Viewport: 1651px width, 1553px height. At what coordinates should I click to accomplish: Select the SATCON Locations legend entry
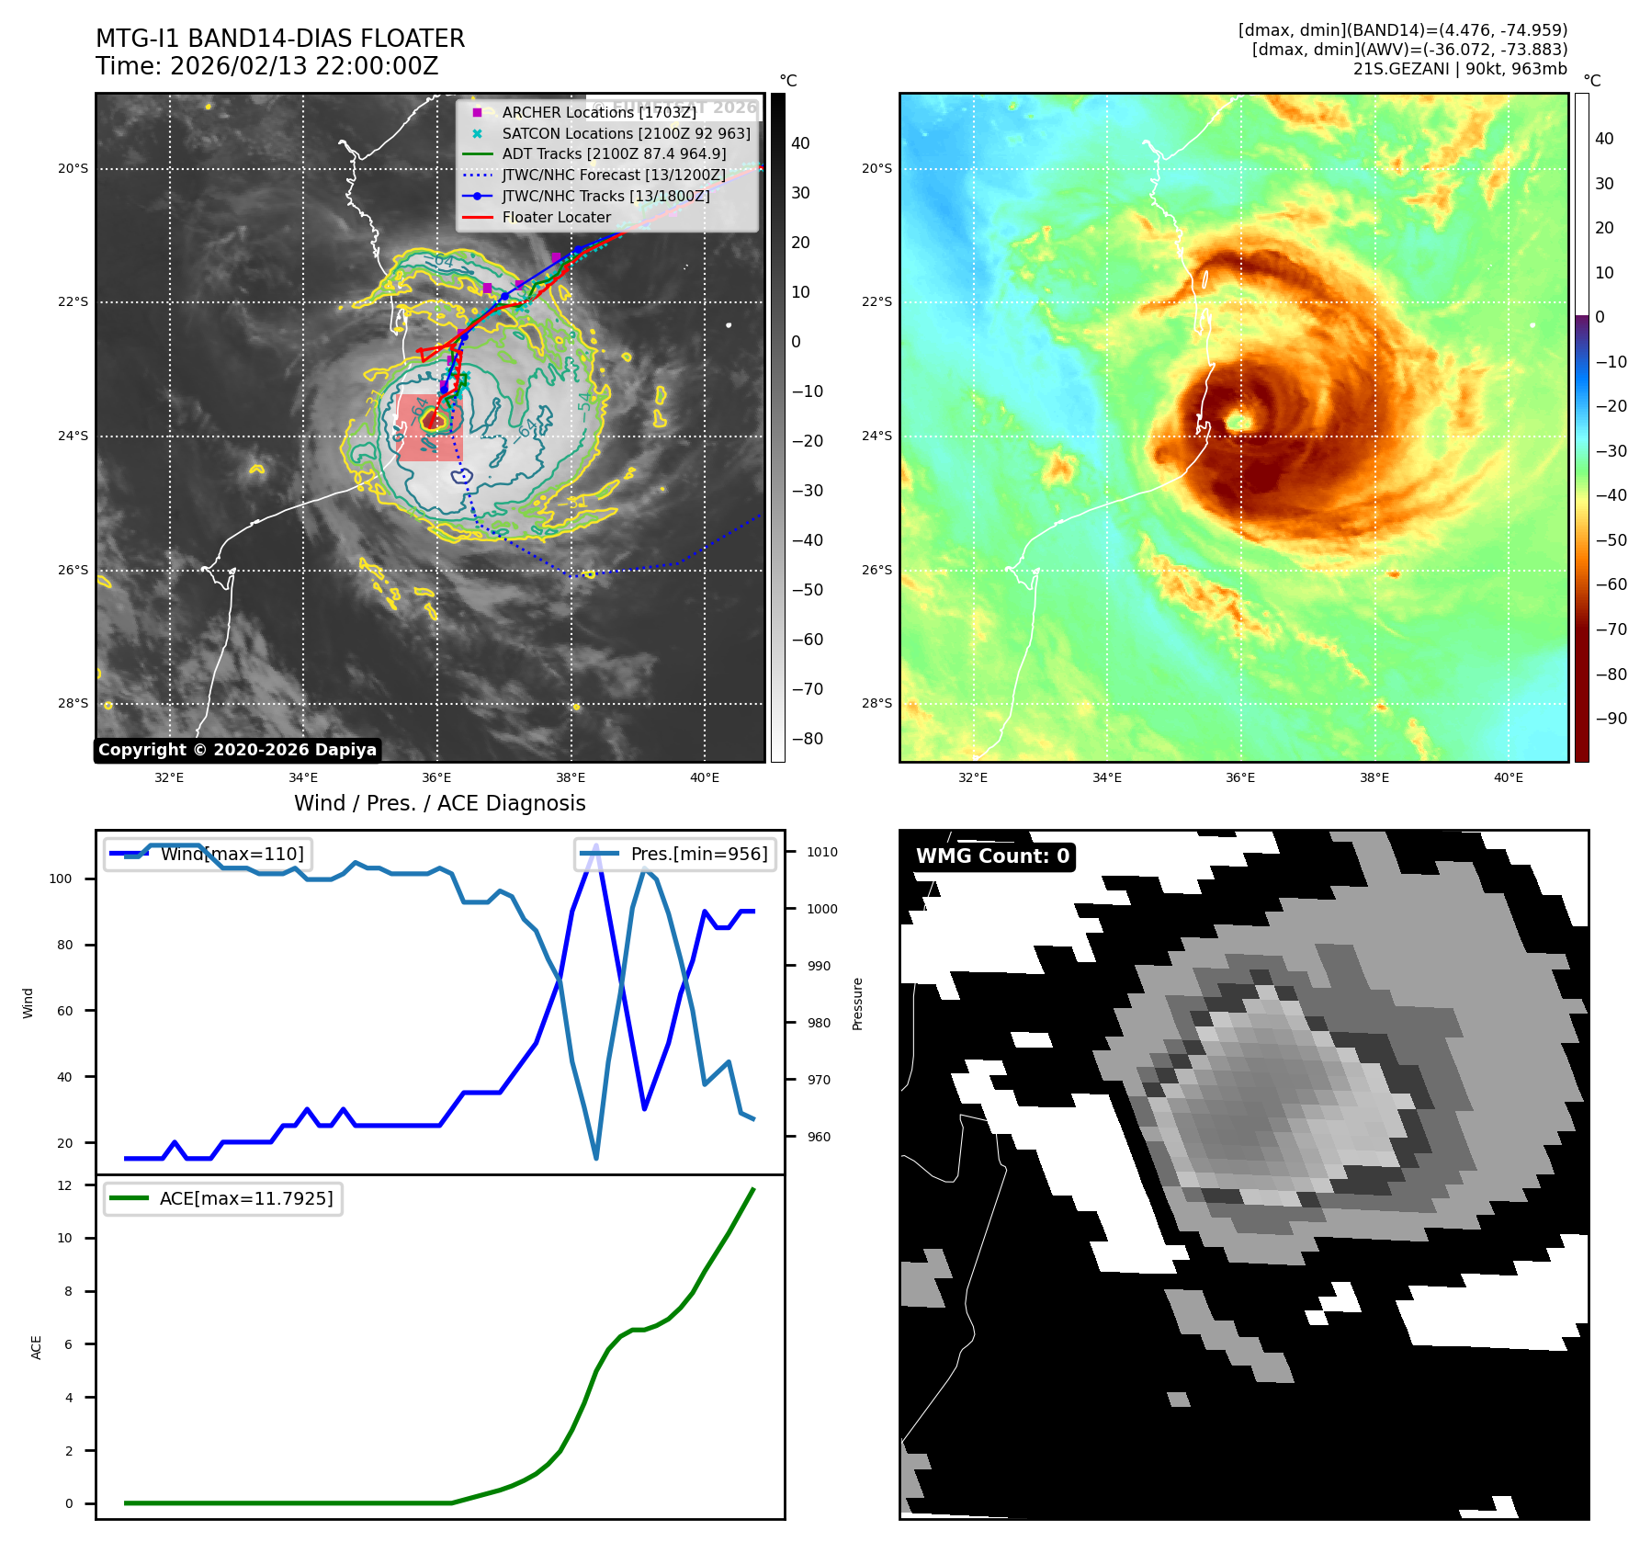(626, 133)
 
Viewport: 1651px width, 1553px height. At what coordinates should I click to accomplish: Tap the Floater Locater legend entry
(556, 217)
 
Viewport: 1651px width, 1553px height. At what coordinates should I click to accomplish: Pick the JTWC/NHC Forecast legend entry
(613, 175)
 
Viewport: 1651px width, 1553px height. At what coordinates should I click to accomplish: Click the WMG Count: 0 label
(992, 856)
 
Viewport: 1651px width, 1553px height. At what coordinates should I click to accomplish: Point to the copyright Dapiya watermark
(237, 750)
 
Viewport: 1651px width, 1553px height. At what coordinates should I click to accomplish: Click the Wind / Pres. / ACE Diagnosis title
(439, 803)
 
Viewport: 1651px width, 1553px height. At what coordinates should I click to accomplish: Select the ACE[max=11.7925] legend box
(223, 1198)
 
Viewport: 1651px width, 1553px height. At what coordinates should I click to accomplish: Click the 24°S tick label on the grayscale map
(74, 436)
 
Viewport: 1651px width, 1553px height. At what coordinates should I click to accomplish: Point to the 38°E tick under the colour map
(1374, 777)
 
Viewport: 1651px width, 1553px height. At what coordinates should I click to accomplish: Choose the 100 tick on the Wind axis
(61, 879)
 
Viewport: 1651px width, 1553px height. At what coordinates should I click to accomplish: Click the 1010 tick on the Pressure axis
(822, 852)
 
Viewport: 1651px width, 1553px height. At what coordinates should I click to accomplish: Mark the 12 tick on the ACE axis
(65, 1185)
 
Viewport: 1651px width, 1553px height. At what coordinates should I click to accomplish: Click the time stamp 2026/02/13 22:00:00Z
(304, 66)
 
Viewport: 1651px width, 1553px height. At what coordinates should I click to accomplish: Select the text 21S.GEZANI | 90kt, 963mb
(1459, 69)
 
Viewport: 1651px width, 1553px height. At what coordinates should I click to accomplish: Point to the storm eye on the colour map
(1237, 422)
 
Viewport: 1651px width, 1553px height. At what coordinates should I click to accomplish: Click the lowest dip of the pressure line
(596, 1158)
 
